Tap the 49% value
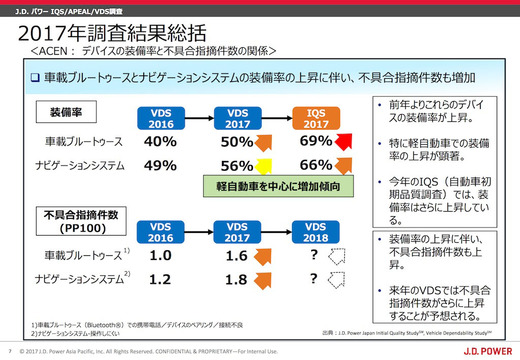coord(160,165)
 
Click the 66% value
coord(314,165)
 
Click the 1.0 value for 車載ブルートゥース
coord(160,255)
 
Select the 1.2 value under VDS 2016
coord(160,279)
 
